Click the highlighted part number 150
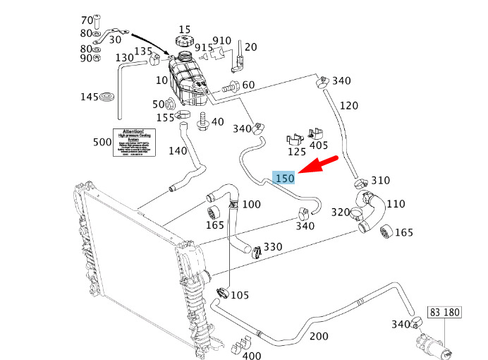[284, 179]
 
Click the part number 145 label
[90, 97]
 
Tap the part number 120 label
[348, 106]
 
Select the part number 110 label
[396, 204]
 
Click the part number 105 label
[240, 294]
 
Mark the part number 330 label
[273, 247]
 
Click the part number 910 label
[221, 40]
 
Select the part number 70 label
[87, 20]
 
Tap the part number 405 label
[319, 146]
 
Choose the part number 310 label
[380, 181]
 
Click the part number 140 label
[178, 150]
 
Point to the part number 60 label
[248, 85]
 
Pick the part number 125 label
[296, 151]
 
